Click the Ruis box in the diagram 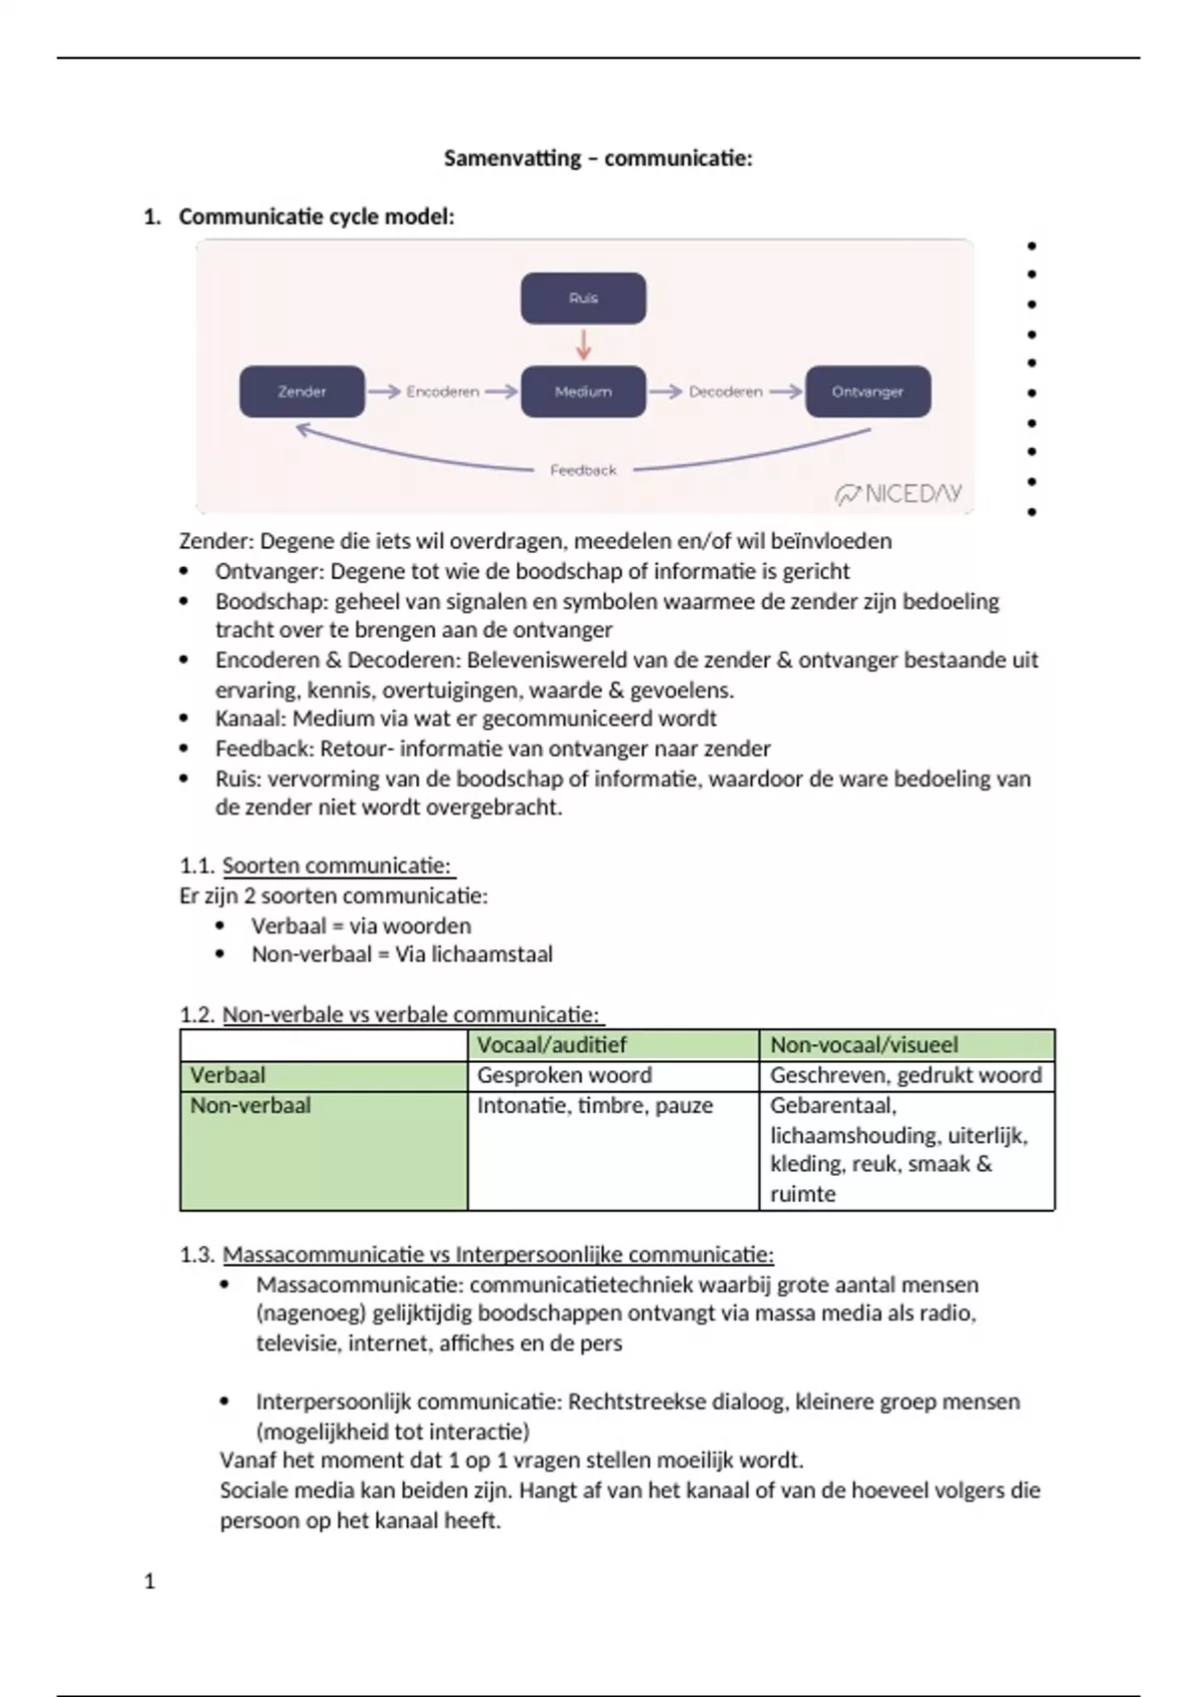point(583,297)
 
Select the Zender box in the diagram point(301,391)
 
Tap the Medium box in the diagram point(583,391)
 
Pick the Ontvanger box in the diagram point(868,391)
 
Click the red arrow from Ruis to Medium point(584,344)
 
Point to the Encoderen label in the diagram point(442,392)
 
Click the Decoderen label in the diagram point(726,392)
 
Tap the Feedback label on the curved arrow point(583,470)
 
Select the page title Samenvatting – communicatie point(598,158)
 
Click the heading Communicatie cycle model point(316,217)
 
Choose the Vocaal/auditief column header point(551,1045)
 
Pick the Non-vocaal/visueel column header point(864,1045)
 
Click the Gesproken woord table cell point(564,1075)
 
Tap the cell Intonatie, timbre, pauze point(595,1106)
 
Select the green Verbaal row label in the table point(229,1075)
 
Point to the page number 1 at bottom point(150,1581)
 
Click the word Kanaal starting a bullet point(249,719)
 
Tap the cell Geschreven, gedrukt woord point(905,1075)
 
